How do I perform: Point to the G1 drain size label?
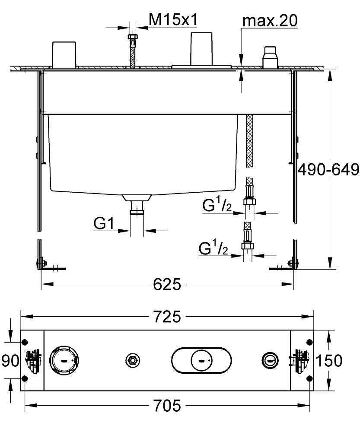[104, 223]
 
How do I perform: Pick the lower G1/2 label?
[213, 248]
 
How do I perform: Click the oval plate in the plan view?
[201, 360]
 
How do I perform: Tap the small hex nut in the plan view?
[132, 360]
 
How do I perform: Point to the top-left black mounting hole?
[25, 341]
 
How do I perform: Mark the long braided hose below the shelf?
[249, 141]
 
